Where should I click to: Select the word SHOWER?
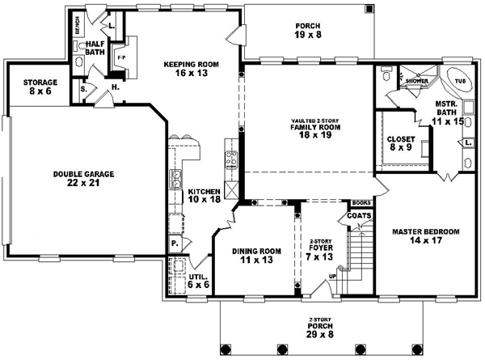(417, 81)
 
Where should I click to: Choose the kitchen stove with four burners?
(230, 159)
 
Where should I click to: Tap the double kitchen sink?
(174, 177)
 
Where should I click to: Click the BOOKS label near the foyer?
(360, 203)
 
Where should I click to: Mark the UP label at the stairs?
(332, 277)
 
